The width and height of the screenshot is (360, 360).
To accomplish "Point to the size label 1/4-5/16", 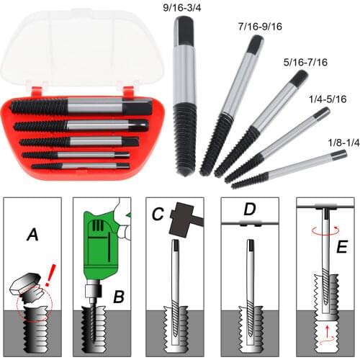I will tap(325, 99).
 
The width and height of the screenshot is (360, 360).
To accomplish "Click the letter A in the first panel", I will tap(33, 235).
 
